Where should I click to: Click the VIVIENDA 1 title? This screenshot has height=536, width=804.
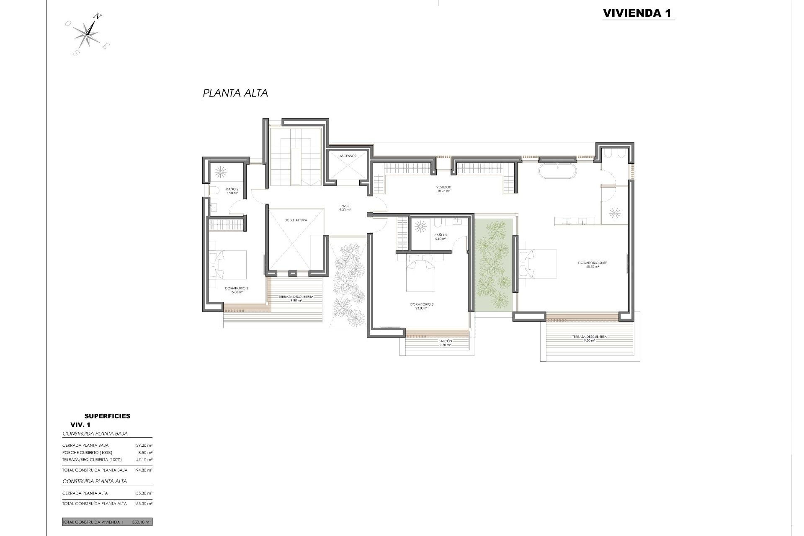click(x=637, y=13)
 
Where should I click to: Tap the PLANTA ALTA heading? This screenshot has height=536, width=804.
click(x=235, y=93)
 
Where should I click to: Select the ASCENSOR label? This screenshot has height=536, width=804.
click(x=348, y=156)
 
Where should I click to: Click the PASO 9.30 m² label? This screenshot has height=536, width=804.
click(x=345, y=208)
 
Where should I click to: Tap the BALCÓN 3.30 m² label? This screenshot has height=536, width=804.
click(x=445, y=343)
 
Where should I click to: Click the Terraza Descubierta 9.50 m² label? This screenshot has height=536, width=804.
click(x=589, y=338)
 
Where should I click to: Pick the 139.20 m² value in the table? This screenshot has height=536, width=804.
click(x=143, y=445)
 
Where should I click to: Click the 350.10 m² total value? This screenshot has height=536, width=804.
click(x=142, y=522)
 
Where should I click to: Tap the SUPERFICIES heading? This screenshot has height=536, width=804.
click(x=107, y=416)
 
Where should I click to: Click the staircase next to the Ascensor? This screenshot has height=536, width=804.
click(x=296, y=157)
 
